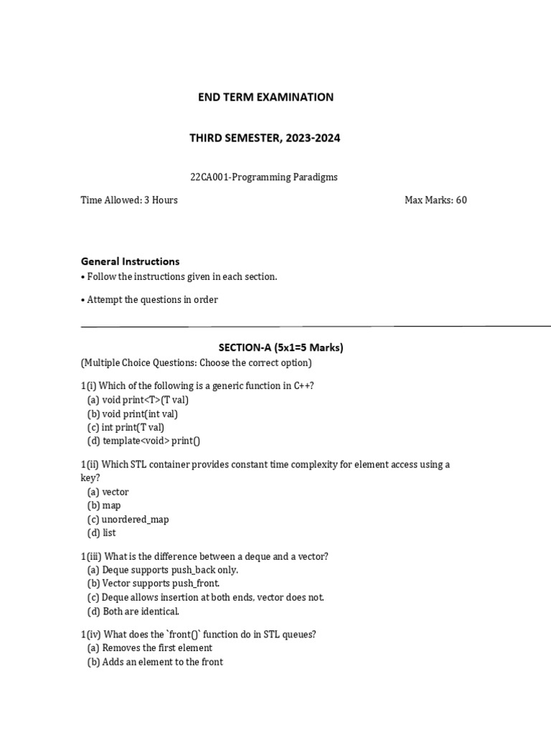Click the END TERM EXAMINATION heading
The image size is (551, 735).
(265, 97)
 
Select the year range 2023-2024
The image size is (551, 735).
(312, 138)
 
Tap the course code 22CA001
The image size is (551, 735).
(207, 177)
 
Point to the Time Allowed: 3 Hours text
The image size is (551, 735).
(129, 200)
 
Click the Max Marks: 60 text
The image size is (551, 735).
(435, 200)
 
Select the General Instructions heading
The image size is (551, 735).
(130, 261)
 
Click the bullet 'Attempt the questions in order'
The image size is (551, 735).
(151, 299)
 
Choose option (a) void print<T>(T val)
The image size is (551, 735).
(138, 400)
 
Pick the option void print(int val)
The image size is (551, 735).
(133, 413)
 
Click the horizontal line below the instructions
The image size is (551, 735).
(316, 326)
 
